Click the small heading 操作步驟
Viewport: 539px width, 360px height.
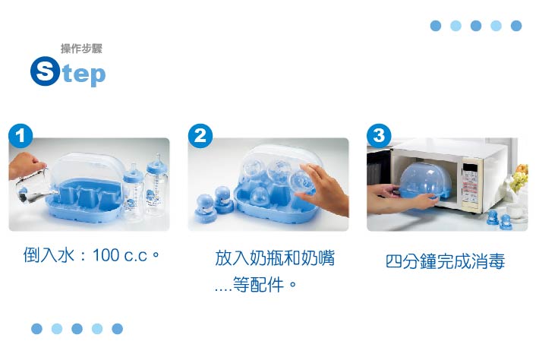click(x=81, y=49)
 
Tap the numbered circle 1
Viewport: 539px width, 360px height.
click(x=20, y=136)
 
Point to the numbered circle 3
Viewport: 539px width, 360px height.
click(x=378, y=136)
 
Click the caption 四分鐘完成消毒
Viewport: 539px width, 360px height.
click(x=445, y=262)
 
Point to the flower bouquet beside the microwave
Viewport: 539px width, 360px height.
click(x=519, y=181)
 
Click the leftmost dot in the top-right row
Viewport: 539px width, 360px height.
click(x=436, y=26)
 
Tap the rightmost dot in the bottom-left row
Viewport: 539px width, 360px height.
click(x=117, y=329)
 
